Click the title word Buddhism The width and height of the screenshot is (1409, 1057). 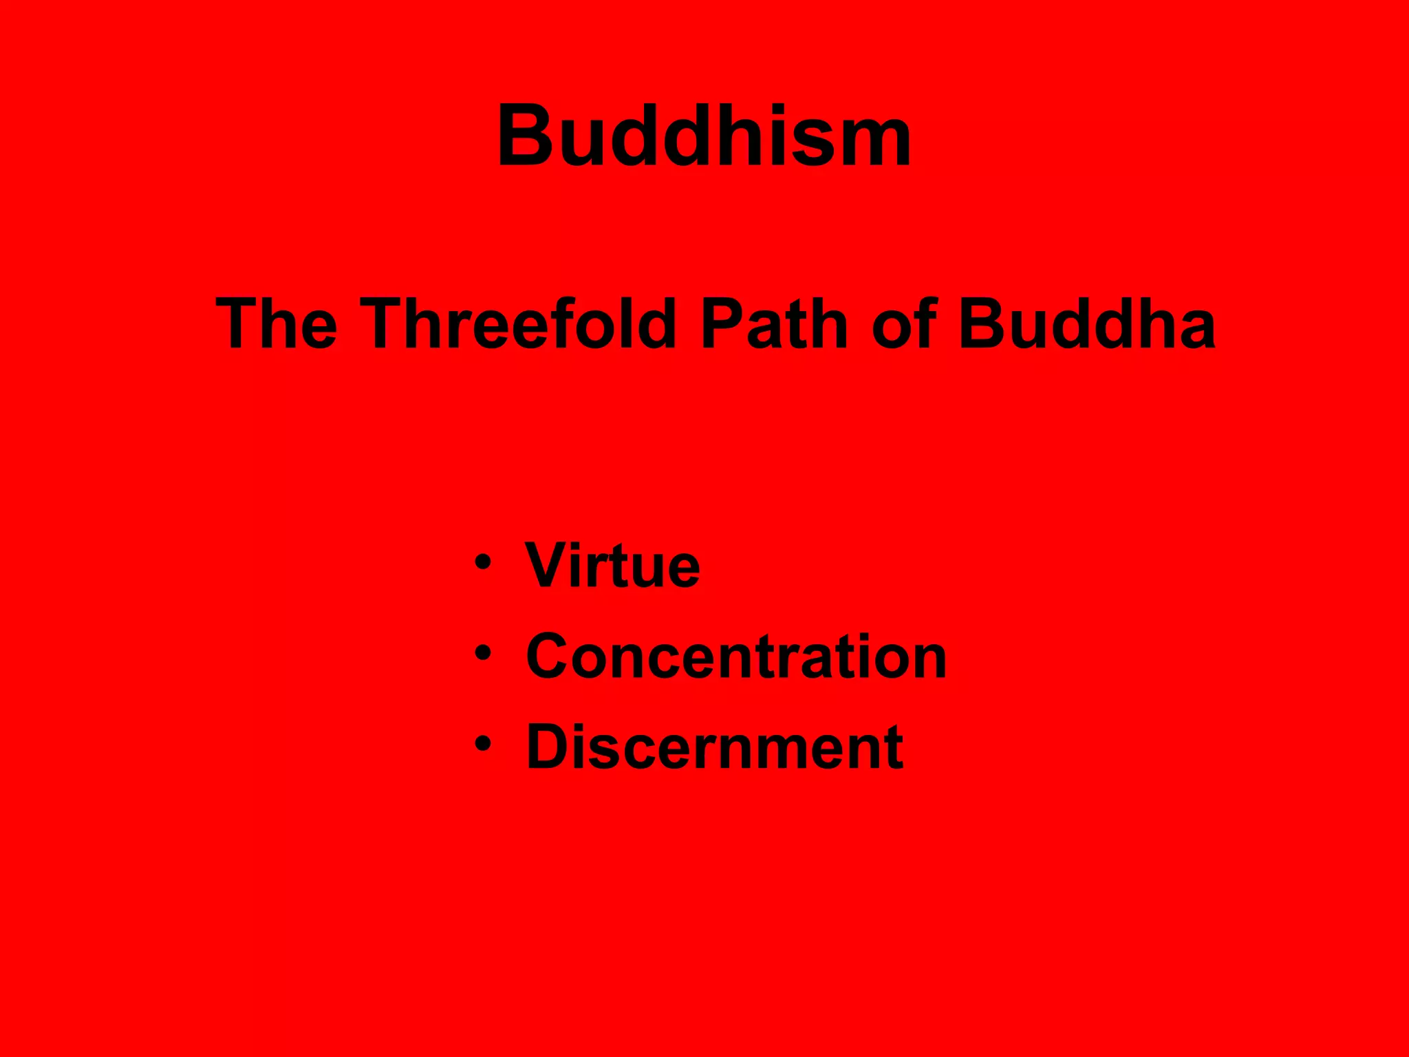click(x=704, y=136)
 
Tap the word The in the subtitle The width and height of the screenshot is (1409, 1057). click(x=277, y=323)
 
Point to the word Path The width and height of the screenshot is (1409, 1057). click(x=774, y=323)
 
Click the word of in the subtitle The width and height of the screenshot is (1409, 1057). click(x=904, y=323)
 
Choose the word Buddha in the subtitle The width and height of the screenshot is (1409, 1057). click(x=1086, y=323)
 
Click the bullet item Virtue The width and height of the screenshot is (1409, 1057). click(x=612, y=566)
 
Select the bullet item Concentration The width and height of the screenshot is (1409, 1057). click(x=736, y=656)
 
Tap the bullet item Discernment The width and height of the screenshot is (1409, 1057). click(x=714, y=747)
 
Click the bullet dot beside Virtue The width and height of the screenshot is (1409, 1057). click(x=483, y=562)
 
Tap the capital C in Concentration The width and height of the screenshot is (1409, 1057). click(x=552, y=656)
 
